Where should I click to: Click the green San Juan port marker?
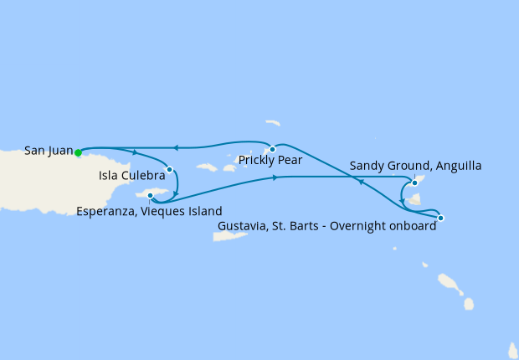click(x=78, y=152)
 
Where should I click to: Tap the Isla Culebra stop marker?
click(x=169, y=169)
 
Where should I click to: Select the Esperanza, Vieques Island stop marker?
click(x=150, y=196)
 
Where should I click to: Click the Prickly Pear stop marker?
click(x=272, y=149)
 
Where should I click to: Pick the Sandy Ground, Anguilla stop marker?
click(x=414, y=182)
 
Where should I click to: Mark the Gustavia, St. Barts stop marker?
click(x=440, y=218)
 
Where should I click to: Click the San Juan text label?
click(x=49, y=151)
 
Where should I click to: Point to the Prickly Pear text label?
click(x=270, y=159)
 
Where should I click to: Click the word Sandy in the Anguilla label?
click(x=367, y=166)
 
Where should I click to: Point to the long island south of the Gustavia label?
click(x=228, y=236)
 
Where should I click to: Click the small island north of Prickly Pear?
click(x=273, y=123)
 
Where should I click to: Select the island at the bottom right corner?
click(x=513, y=348)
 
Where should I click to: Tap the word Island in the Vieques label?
click(x=205, y=211)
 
